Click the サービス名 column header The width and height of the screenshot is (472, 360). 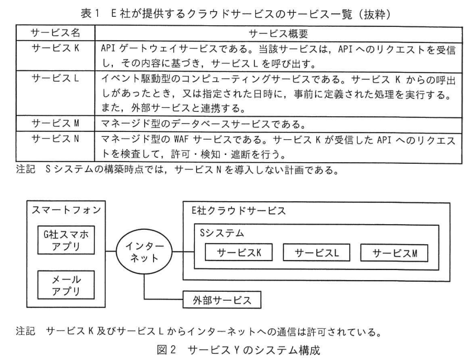click(53, 34)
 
